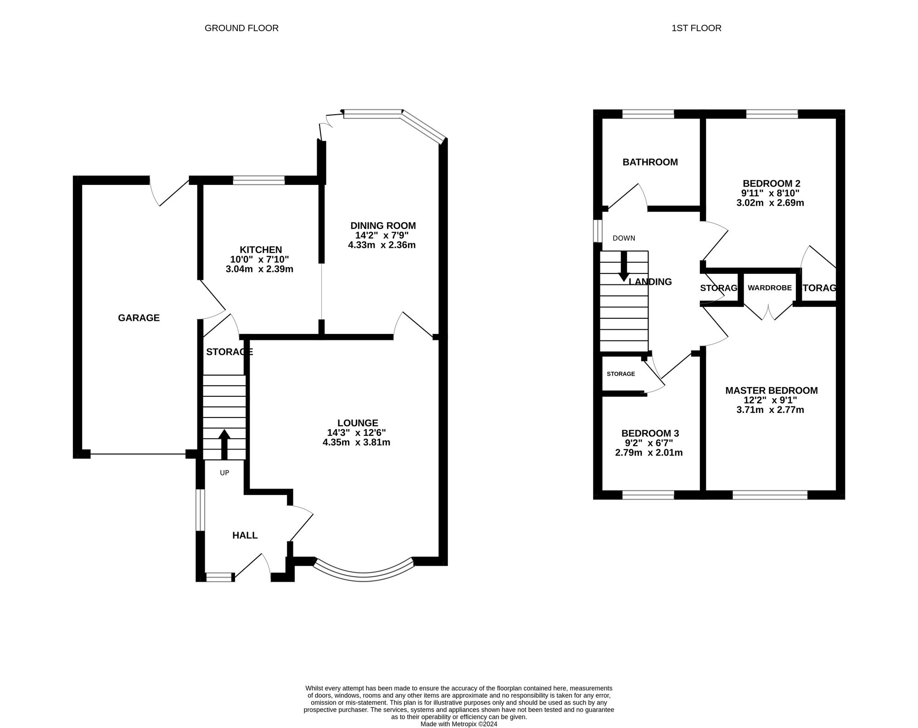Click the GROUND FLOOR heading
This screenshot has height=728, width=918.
241,28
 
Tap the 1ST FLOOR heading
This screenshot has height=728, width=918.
696,28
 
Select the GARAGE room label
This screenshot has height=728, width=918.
139,317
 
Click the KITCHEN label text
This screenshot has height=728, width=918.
261,250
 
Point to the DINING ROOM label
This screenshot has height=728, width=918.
383,225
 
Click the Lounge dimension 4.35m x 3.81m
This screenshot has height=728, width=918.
357,442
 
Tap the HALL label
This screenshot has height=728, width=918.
245,535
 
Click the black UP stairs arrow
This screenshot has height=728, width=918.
224,444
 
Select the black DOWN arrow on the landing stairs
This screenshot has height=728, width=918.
624,266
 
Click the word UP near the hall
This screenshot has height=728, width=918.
224,472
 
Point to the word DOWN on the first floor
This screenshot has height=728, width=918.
624,238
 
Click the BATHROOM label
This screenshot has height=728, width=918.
650,162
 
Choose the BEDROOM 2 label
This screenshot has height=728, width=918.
772,183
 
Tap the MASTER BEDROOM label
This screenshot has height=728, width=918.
772,390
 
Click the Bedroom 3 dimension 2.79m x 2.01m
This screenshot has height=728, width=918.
649,452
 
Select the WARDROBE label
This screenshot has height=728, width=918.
770,288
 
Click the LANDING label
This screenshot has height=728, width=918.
650,282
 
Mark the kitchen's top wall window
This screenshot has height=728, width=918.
259,180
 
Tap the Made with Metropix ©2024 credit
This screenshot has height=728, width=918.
459,724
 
